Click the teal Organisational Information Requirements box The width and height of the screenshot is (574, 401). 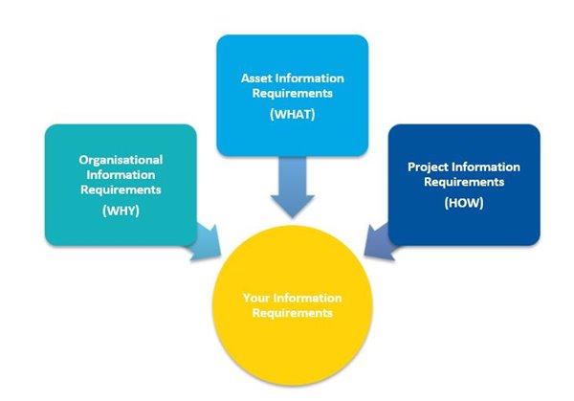[x=120, y=182]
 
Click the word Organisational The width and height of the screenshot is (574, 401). [x=121, y=160]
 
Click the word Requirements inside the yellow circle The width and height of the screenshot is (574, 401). [x=293, y=313]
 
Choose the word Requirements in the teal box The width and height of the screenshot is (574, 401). [x=121, y=189]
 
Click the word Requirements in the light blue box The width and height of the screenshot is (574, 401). [x=292, y=95]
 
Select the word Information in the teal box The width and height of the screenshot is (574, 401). [x=121, y=175]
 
